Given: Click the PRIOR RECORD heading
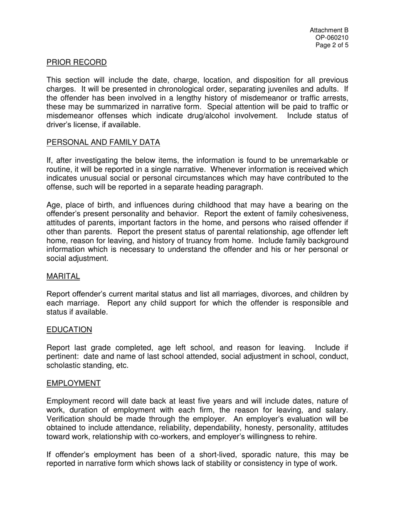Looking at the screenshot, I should [77, 62].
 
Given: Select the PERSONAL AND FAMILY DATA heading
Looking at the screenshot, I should [103, 142].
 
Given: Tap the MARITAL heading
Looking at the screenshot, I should [63, 276].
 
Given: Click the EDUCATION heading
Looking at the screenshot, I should [69, 330].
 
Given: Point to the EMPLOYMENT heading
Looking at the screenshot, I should [73, 383].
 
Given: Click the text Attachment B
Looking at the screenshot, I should [329, 30].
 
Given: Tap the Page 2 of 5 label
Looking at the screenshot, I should [332, 45].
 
